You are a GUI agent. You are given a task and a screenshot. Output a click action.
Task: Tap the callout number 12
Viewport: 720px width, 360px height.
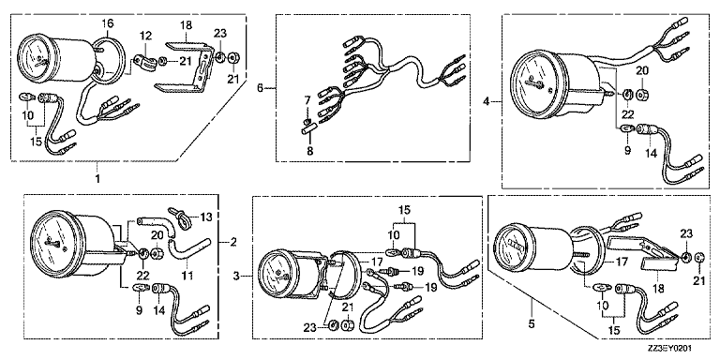(145, 36)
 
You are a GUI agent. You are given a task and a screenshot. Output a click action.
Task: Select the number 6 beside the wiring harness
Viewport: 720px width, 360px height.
(261, 88)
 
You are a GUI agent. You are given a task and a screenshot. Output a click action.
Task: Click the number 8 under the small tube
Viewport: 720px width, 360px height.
(310, 150)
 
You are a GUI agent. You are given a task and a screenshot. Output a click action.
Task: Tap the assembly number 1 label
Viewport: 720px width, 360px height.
(97, 178)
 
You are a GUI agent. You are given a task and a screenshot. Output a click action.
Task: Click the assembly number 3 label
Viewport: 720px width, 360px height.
(236, 276)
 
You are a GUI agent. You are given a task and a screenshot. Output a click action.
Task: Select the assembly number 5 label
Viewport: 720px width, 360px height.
(532, 323)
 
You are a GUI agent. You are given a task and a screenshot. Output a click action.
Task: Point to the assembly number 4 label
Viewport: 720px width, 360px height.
(487, 101)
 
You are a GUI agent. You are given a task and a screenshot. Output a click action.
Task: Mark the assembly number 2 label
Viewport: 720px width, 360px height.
(233, 242)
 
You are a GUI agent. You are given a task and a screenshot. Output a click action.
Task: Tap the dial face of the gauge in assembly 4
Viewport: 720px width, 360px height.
(533, 86)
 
